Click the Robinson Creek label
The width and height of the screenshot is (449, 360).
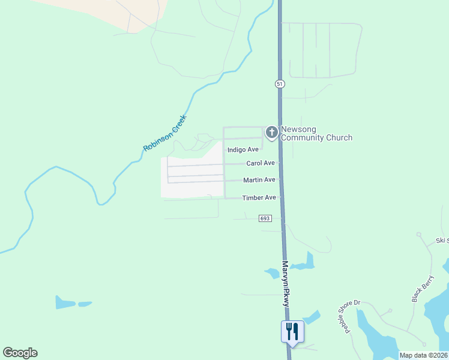pyautogui.click(x=165, y=133)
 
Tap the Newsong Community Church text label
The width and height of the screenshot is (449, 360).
pyautogui.click(x=316, y=133)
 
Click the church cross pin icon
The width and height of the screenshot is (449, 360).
pyautogui.click(x=271, y=132)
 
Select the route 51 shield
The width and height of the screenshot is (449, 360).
pyautogui.click(x=280, y=84)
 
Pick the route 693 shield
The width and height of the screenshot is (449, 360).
pyautogui.click(x=266, y=218)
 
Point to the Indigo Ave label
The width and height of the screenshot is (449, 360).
pyautogui.click(x=243, y=149)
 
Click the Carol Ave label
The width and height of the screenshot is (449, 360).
pyautogui.click(x=261, y=163)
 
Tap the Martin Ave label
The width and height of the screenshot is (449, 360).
pyautogui.click(x=259, y=180)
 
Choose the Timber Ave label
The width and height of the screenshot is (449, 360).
pyautogui.click(x=259, y=197)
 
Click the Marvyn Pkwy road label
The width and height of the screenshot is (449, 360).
pyautogui.click(x=286, y=284)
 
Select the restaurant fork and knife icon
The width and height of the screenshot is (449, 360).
pyautogui.click(x=292, y=331)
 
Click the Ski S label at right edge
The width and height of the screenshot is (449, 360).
pyautogui.click(x=442, y=241)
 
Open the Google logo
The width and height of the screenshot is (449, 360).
pyautogui.click(x=20, y=353)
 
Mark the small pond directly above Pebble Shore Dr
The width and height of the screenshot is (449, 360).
pyautogui.click(x=311, y=317)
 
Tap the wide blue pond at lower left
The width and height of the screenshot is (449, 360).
pyautogui.click(x=65, y=302)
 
